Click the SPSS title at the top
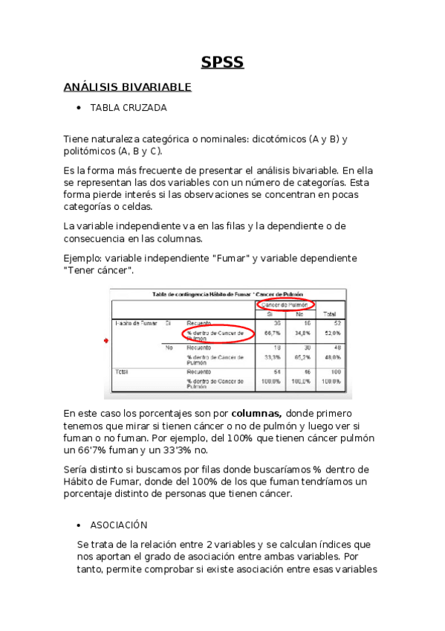coord(222,63)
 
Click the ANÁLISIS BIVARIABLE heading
coord(127,87)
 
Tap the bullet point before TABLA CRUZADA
coord(79,108)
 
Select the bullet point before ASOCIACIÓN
coord(79,525)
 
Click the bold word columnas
coord(256,413)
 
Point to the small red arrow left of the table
coord(105,340)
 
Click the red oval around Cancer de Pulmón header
coord(285,305)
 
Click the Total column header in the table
coord(331,314)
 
